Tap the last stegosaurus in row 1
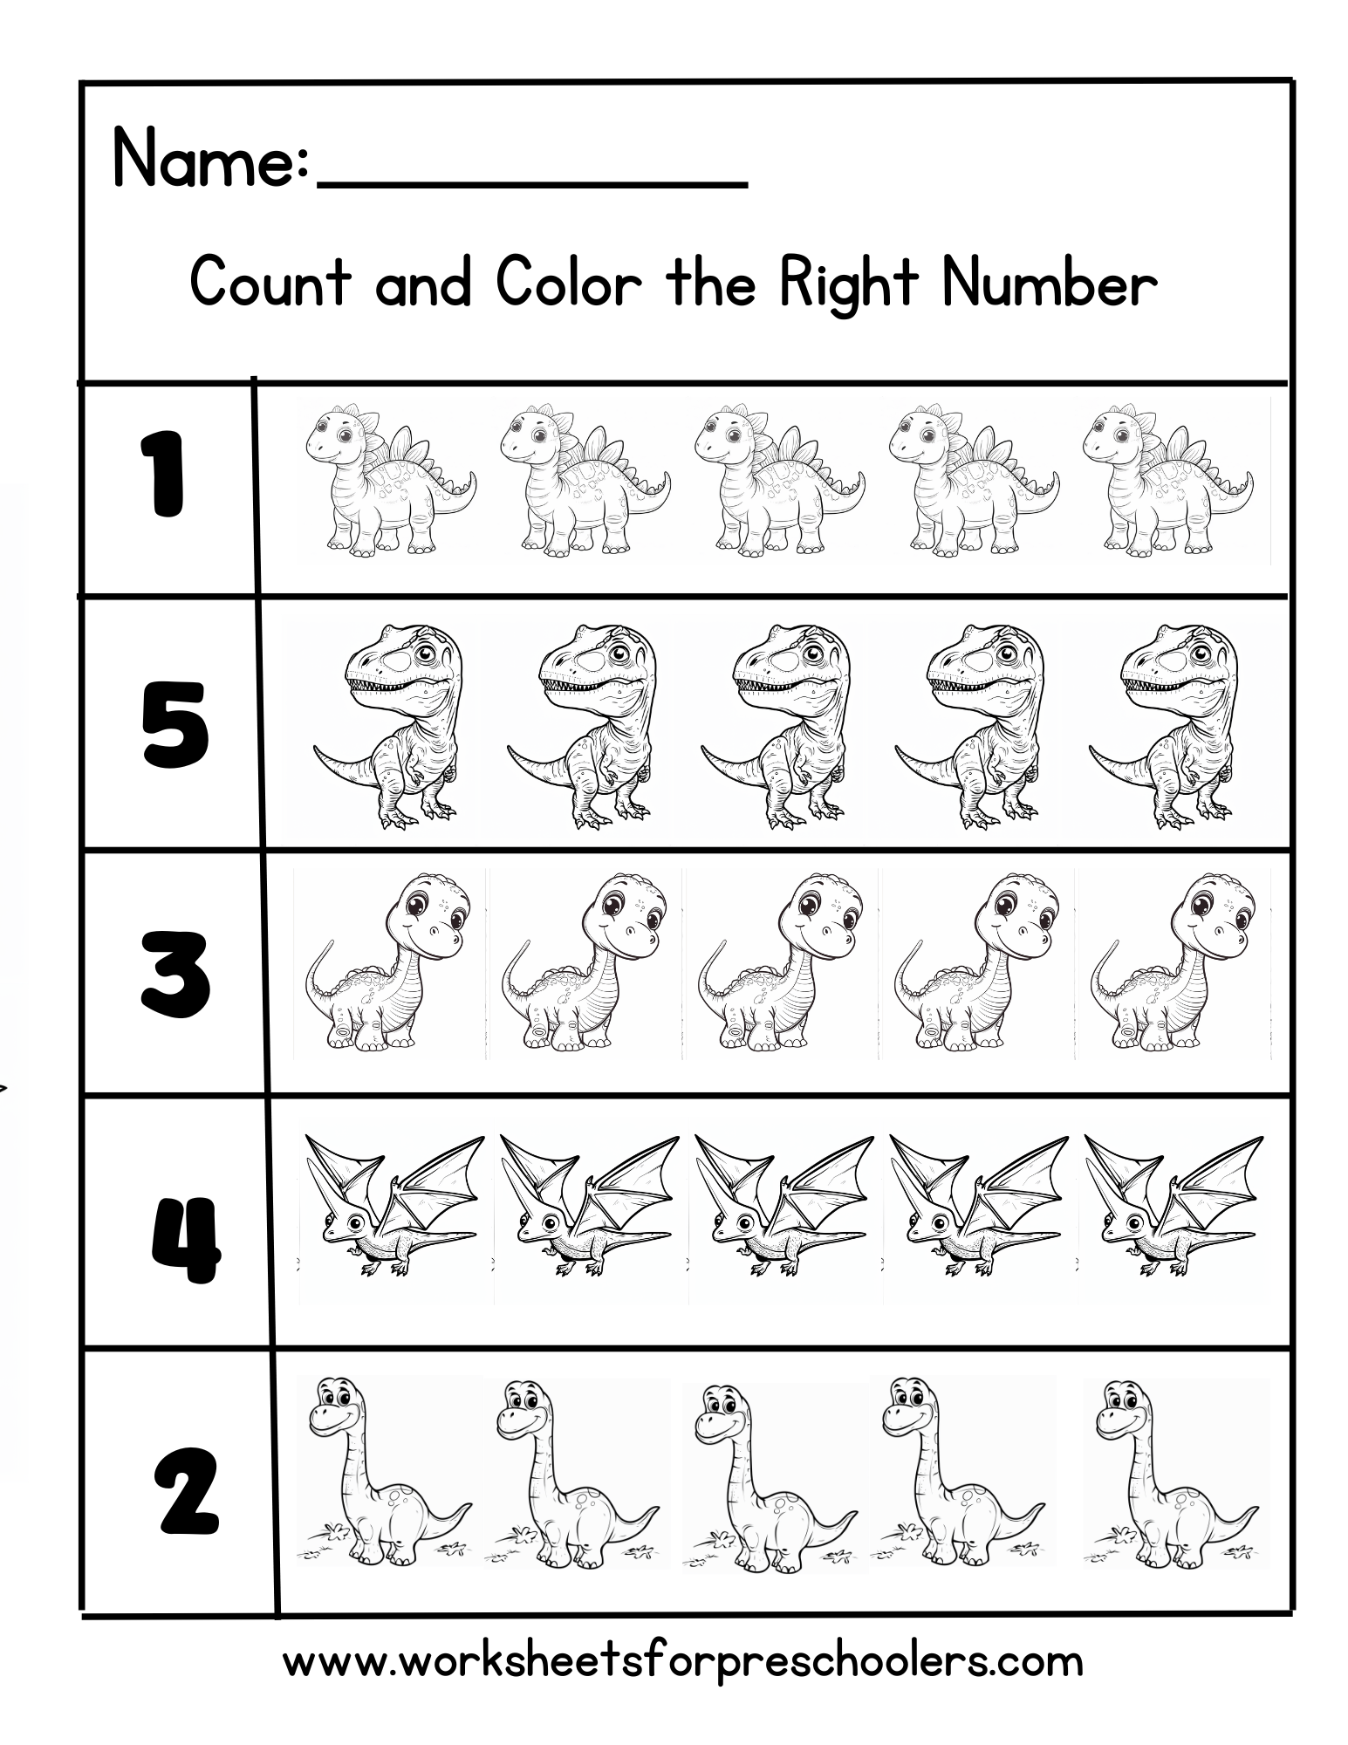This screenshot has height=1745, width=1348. point(1166,480)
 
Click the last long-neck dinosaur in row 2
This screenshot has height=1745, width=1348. point(1169,1475)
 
